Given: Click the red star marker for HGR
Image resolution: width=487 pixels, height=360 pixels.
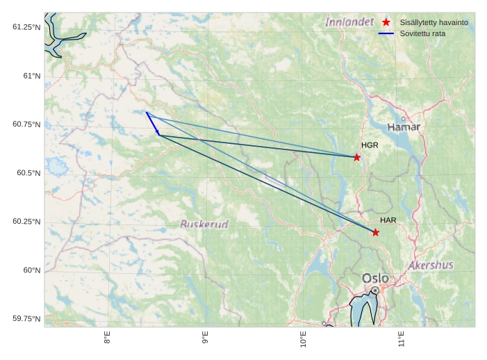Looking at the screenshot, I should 357,157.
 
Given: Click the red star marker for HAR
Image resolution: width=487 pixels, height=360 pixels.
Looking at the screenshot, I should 376,232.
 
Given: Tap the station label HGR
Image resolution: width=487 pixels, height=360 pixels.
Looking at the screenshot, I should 370,145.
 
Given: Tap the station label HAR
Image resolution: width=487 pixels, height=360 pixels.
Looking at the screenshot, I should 388,220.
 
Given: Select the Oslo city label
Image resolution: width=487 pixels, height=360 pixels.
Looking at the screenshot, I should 375,279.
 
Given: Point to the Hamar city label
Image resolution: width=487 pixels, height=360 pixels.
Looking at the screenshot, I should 404,127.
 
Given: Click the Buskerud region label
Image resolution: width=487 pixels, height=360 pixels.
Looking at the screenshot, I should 204,224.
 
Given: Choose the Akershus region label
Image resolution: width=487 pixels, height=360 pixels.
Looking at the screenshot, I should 431,265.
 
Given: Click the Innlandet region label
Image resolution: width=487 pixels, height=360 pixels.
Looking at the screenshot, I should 349,22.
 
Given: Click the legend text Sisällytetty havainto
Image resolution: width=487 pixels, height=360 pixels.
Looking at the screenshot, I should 434,22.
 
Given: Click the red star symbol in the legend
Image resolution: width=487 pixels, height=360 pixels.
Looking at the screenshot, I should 386,22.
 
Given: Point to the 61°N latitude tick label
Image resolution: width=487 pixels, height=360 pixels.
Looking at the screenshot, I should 28,75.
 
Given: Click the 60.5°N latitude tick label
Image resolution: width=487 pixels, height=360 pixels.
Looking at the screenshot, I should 26,172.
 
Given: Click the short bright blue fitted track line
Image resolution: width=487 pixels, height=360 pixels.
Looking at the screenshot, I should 152,122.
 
